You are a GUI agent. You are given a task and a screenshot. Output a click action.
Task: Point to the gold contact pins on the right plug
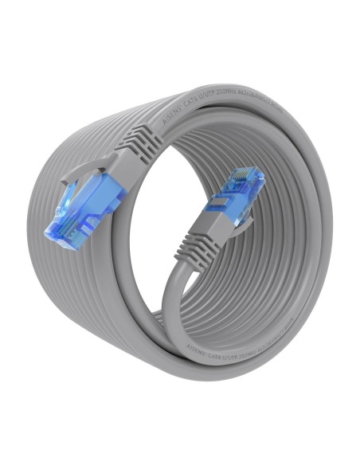point(248,176)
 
